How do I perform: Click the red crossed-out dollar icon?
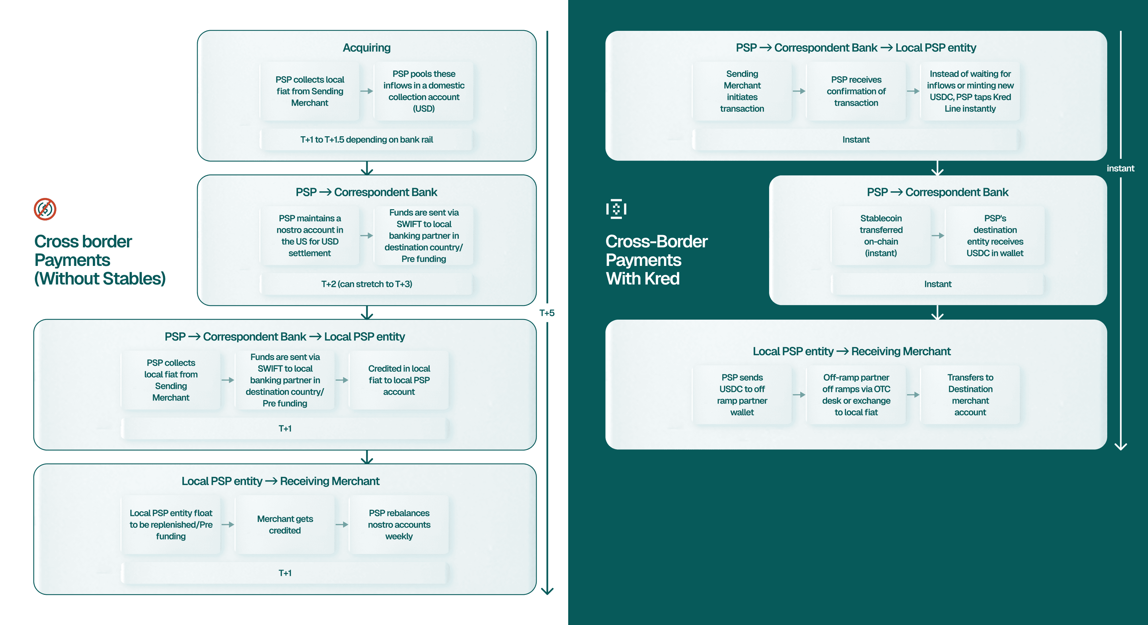[x=45, y=209]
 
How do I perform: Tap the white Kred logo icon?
[x=616, y=209]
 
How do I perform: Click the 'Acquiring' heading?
[x=366, y=48]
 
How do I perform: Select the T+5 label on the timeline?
[x=547, y=313]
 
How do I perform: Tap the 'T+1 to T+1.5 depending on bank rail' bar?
[x=366, y=140]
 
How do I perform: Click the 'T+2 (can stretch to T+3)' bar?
[x=366, y=284]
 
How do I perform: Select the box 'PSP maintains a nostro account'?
[x=310, y=236]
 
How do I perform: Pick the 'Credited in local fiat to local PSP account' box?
[x=399, y=380]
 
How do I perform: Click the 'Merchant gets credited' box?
[x=285, y=525]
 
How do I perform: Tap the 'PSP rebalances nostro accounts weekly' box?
[x=399, y=525]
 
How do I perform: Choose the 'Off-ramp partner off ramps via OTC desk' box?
[x=856, y=395]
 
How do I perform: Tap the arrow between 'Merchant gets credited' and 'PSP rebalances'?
[x=342, y=525]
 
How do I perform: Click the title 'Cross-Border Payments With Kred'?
[x=656, y=260]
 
